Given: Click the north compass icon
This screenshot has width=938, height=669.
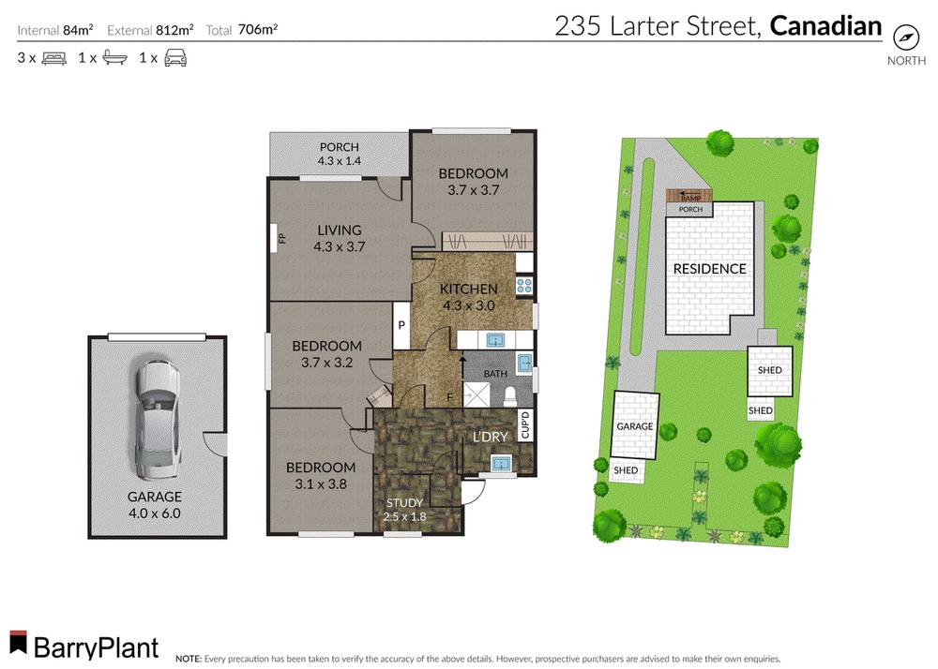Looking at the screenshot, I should coord(905,37).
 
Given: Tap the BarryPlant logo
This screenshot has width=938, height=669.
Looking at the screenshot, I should coord(84,646).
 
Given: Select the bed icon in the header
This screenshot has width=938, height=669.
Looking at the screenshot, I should coord(53,58).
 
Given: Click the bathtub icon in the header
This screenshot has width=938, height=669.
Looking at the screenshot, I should coord(114,58).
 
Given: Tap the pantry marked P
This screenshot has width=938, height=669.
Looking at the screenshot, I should coord(401,326).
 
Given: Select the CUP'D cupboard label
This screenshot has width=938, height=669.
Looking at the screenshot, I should coord(525,425).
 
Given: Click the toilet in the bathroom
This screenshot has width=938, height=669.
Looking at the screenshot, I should coord(511,394).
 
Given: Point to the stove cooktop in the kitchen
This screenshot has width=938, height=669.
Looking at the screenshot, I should coord(524,286).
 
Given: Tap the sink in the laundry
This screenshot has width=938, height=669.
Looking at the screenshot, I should coord(500,462).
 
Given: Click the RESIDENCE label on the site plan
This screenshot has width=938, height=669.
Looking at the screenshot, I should coord(709,269).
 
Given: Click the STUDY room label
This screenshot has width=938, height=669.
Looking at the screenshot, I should coord(405,503).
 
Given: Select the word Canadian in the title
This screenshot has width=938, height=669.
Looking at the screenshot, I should coord(825,26).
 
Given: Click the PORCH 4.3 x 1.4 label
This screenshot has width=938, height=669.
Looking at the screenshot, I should coord(339,154).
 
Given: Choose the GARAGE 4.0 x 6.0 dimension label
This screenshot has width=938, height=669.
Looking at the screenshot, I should coord(156,505).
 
